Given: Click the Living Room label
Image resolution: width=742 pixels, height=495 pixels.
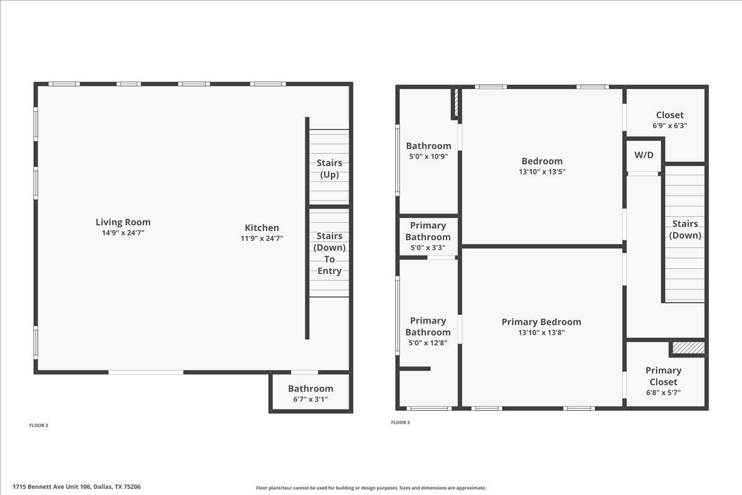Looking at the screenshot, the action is [123, 222].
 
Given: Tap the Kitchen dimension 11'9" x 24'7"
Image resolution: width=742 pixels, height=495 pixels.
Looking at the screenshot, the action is [262, 238].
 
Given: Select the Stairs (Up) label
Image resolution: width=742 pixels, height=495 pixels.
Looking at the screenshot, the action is [329, 168].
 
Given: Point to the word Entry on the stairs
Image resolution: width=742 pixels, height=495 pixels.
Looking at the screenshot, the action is [329, 271].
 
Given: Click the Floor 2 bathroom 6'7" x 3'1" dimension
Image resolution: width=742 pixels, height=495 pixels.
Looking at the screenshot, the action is [310, 399].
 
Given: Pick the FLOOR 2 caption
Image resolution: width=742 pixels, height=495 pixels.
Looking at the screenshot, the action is [39, 425].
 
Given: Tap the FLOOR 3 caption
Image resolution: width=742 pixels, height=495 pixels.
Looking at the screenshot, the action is [400, 423].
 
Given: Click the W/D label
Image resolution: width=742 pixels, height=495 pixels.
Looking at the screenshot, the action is [644, 155].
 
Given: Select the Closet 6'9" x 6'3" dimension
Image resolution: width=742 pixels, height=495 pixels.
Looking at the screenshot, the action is [670, 126].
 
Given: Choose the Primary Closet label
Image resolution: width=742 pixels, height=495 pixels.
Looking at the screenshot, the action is [663, 376].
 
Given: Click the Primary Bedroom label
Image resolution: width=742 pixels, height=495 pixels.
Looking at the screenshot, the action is [541, 322].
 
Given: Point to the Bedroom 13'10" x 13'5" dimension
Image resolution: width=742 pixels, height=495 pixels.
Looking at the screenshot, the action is [542, 172].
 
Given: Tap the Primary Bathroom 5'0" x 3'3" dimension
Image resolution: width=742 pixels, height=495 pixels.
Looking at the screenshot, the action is [428, 247].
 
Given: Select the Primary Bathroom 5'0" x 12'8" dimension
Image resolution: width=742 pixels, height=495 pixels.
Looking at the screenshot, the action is [428, 343].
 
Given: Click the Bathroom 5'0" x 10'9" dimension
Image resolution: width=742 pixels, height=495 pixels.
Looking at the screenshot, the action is [429, 157].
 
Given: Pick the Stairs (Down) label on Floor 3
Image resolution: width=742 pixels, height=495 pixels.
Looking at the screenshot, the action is [685, 230].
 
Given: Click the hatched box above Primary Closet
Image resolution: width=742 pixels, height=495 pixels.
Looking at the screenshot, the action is [688, 348].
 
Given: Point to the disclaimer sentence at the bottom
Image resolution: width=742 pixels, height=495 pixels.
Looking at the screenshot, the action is [371, 488].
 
